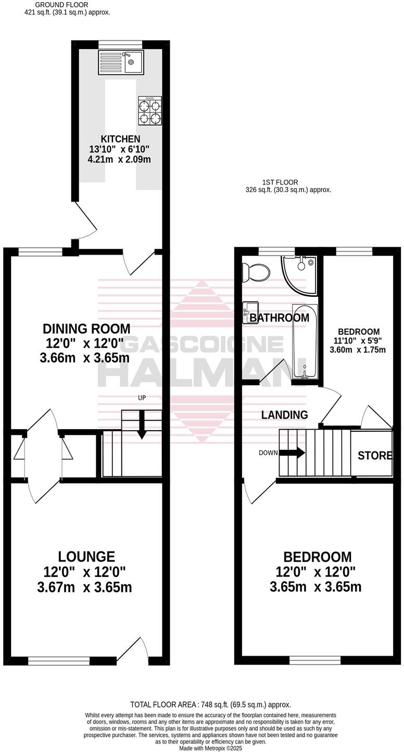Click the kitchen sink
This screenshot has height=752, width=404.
point(121,62)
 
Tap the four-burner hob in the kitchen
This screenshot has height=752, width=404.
point(149,111)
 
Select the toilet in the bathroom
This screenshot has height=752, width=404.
point(256,271)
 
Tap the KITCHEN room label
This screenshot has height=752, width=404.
point(120,139)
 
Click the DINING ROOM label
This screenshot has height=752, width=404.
point(86,329)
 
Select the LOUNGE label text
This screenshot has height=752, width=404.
point(86,557)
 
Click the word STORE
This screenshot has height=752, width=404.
point(375,456)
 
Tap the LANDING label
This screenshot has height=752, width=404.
point(284,415)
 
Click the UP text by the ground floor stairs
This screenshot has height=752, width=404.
point(142,398)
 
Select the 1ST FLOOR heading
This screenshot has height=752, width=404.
point(280,182)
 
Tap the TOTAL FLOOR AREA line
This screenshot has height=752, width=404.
point(210,705)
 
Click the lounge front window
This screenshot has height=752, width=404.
point(59,661)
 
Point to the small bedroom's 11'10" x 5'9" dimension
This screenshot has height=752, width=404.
point(359,341)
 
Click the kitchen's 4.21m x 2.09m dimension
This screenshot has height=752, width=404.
point(119,159)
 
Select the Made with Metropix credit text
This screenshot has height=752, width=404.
point(210,748)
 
